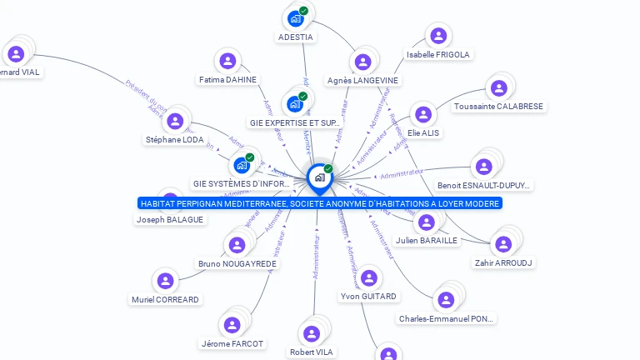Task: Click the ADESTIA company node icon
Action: coord(295,17)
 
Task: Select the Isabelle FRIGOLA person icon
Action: coord(437,36)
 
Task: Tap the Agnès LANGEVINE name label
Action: coord(362,81)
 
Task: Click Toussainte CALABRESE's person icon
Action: coord(498,87)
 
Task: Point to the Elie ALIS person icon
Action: coord(423,114)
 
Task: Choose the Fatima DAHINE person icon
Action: coord(227,61)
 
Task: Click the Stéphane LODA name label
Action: coord(174,140)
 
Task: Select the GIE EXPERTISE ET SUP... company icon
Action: coord(294,103)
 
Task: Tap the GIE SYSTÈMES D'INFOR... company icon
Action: coord(242,164)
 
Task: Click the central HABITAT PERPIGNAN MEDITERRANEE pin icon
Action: coord(319,177)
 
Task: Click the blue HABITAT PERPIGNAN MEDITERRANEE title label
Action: coord(320,203)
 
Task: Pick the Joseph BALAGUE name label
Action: coord(169,220)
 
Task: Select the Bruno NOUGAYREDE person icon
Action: coord(237,245)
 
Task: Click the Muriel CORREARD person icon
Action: coord(165,281)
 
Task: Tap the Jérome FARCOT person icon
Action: coord(232,325)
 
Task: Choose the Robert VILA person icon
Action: coord(312,333)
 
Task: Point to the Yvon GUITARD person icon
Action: coord(368,277)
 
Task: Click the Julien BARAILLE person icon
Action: coord(426,222)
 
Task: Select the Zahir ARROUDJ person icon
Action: coord(502,244)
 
